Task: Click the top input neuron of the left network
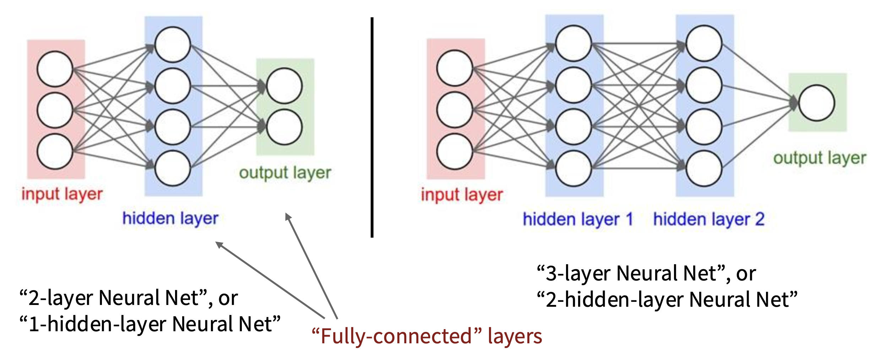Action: (55, 69)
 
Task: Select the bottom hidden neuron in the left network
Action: (173, 168)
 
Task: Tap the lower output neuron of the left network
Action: (284, 127)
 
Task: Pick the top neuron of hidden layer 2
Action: (704, 44)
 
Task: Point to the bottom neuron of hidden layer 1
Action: (573, 168)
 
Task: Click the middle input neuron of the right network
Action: (455, 110)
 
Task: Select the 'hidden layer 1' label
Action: (578, 219)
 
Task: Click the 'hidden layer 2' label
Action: (708, 219)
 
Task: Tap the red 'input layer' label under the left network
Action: (62, 194)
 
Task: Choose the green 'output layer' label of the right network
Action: (820, 158)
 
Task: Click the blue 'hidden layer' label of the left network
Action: (170, 218)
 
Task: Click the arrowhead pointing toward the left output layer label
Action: (288, 216)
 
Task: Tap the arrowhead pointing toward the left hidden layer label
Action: (219, 244)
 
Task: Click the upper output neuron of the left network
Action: (284, 86)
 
